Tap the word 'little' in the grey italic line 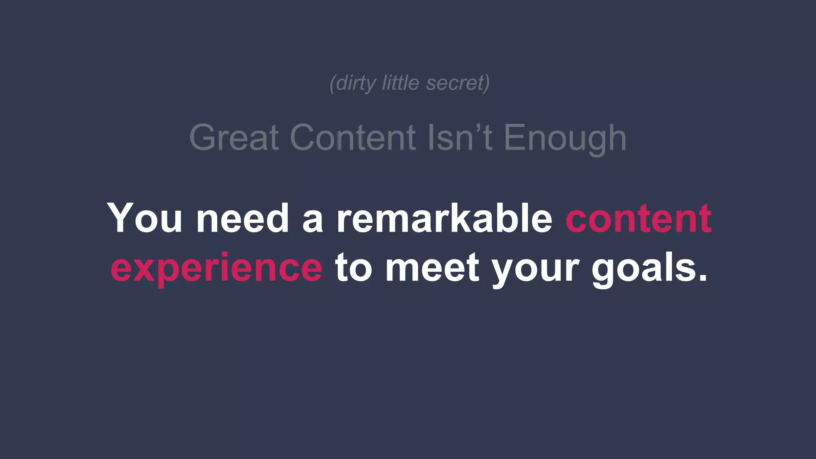tap(400, 83)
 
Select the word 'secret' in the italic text tap(455, 83)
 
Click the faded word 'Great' tap(234, 137)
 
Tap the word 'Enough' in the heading tap(565, 138)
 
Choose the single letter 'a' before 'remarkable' tap(313, 221)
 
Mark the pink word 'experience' tap(216, 268)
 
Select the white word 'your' tap(535, 269)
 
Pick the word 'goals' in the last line tap(643, 268)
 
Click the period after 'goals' tap(702, 277)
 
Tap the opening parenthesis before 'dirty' tap(332, 83)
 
